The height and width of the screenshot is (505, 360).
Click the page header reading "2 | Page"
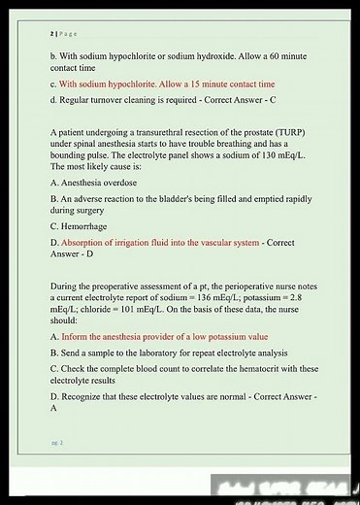63,32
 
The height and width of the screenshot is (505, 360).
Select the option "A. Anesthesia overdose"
93,183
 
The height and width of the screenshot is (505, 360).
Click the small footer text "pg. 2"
57,442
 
